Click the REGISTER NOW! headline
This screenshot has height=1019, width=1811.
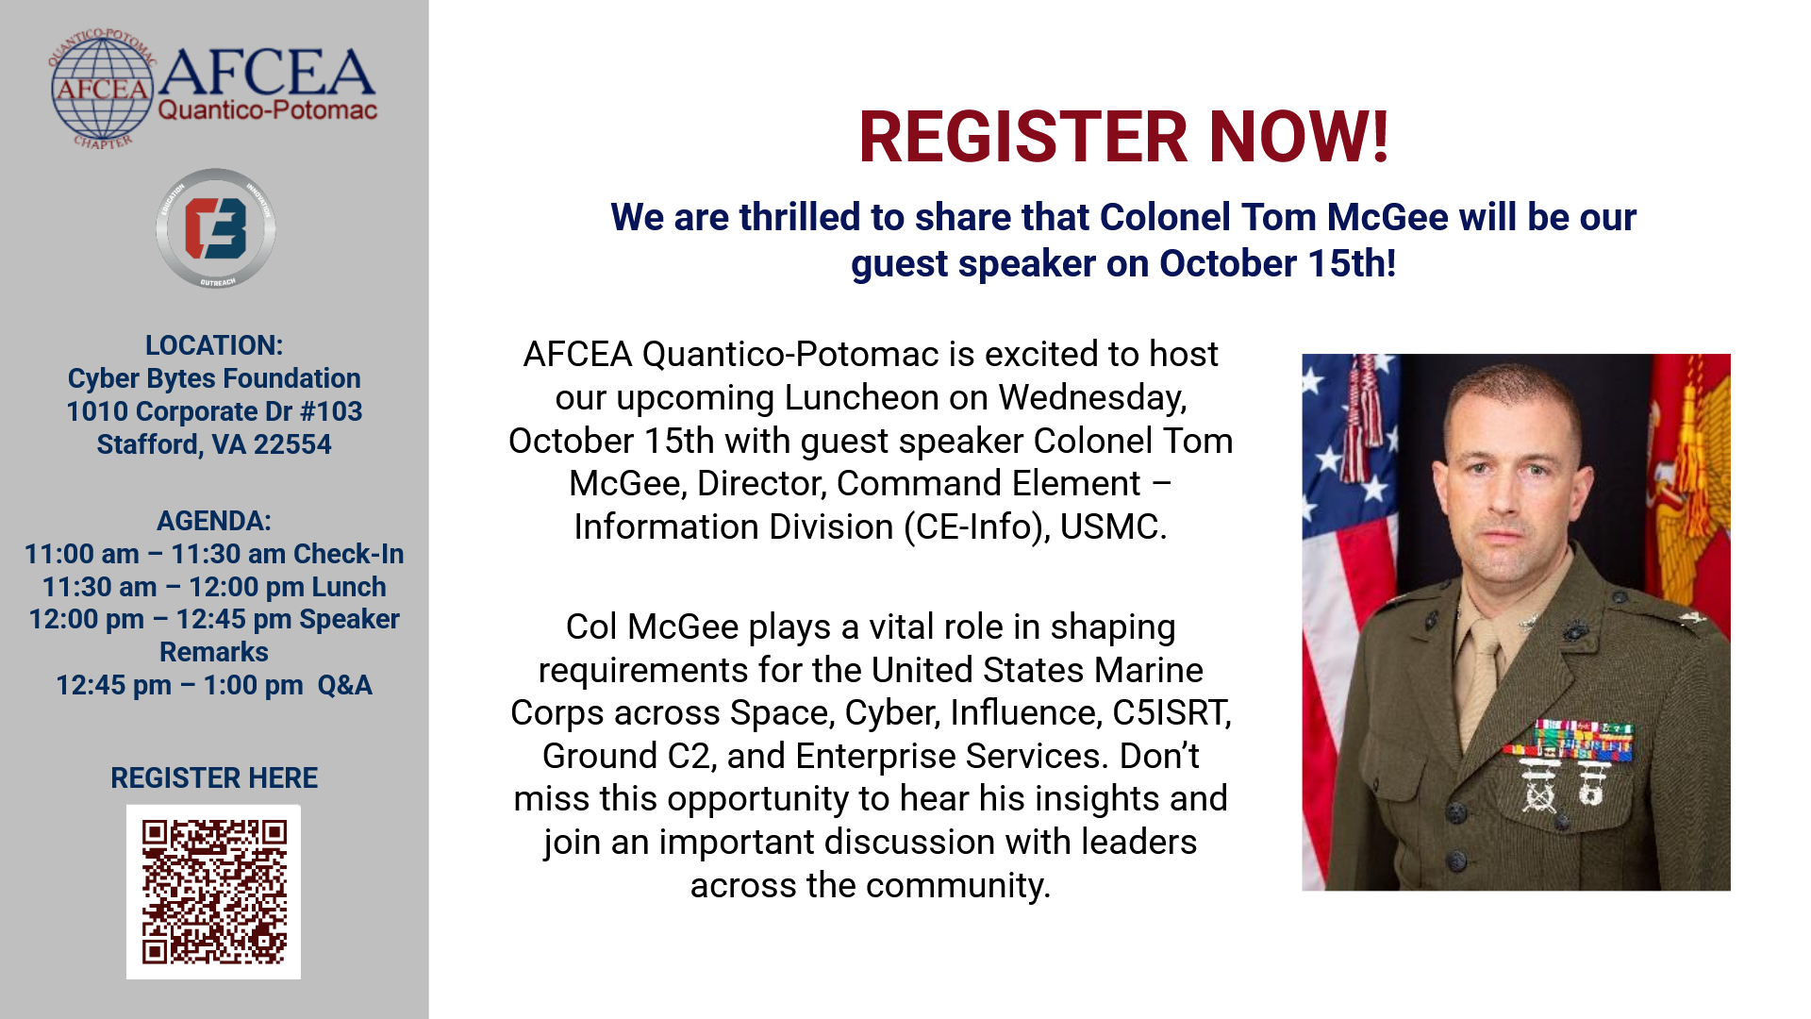1123,138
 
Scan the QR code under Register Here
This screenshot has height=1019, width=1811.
214,892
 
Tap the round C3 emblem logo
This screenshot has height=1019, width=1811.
216,228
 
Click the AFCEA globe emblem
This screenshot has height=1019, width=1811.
102,90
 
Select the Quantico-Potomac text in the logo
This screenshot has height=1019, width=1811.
268,110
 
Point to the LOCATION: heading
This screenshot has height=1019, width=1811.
214,345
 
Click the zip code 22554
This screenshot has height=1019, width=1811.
292,444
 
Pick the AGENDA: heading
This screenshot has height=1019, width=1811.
214,521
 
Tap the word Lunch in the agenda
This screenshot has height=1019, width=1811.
349,587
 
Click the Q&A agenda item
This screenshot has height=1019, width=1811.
345,685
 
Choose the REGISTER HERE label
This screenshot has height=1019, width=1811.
214,778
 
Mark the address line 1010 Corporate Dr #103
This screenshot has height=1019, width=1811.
214,411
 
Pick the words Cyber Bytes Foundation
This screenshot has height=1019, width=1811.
214,378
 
